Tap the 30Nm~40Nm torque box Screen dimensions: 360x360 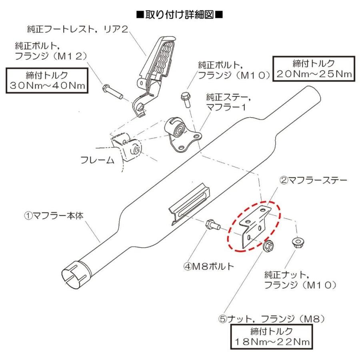(x=47, y=81)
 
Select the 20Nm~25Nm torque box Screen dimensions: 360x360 (x=312, y=68)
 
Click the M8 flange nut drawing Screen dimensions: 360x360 (x=268, y=246)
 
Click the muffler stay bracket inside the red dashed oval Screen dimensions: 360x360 (x=252, y=226)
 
